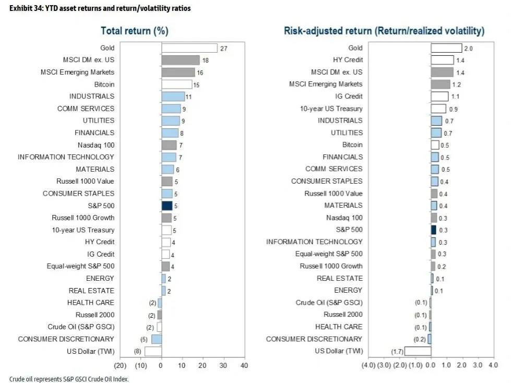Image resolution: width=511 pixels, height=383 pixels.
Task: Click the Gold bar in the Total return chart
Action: point(189,48)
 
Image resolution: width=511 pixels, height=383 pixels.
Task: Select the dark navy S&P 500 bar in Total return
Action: point(167,206)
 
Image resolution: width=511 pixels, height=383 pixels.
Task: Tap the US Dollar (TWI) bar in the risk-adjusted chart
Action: point(418,351)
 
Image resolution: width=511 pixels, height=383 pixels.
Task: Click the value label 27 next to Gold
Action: point(223,48)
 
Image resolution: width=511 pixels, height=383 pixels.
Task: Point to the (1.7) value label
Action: point(398,351)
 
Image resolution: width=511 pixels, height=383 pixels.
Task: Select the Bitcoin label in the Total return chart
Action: point(104,85)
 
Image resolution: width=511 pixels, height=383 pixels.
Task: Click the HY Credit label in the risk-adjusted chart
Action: point(348,60)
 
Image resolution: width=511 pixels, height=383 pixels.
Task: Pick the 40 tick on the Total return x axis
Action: point(243,366)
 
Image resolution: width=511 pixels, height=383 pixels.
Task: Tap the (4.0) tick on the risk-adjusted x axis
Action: point(368,366)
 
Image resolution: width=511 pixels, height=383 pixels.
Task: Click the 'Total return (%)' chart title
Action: point(134,31)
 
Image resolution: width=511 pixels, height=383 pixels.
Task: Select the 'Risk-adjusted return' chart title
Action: point(384,31)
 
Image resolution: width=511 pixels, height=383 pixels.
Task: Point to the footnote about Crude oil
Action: point(68,379)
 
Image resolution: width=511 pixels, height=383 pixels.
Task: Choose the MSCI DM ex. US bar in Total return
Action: point(181,60)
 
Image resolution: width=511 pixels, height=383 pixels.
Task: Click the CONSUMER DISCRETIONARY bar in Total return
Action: point(157,339)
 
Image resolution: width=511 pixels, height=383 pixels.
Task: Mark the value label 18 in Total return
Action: point(205,61)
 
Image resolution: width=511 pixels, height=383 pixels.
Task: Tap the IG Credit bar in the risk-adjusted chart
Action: point(439,97)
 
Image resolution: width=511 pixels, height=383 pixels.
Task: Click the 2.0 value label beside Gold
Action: point(468,48)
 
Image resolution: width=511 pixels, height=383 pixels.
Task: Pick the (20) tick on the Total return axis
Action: point(120,366)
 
